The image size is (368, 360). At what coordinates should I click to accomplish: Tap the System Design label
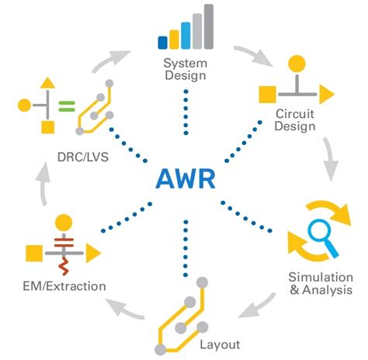pyautogui.click(x=186, y=69)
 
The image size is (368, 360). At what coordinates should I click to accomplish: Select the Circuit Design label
pyautogui.click(x=295, y=121)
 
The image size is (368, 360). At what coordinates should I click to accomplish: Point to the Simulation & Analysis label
pyautogui.click(x=321, y=283)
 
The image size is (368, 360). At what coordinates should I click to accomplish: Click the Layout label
pyautogui.click(x=221, y=344)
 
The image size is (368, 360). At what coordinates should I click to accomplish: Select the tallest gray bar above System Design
pyautogui.click(x=208, y=26)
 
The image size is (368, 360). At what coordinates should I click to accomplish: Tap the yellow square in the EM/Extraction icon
pyautogui.click(x=33, y=253)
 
